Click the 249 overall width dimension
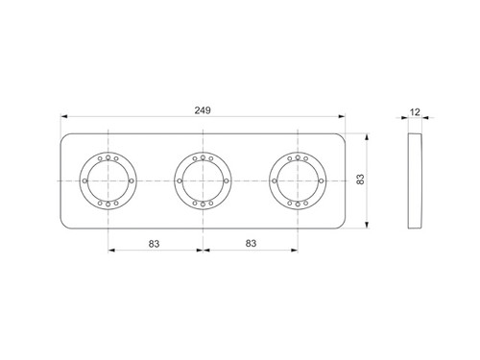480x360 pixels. point(203,110)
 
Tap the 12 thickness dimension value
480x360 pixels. point(415,112)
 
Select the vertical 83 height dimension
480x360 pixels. point(361,180)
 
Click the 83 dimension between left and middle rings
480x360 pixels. point(154,244)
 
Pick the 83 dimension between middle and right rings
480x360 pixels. point(251,244)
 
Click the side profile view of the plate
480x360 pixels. point(415,180)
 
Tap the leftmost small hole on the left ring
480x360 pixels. point(84,180)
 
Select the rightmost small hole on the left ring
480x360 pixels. point(132,180)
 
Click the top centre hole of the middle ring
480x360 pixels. point(203,157)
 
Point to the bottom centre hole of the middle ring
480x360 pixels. point(203,204)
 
